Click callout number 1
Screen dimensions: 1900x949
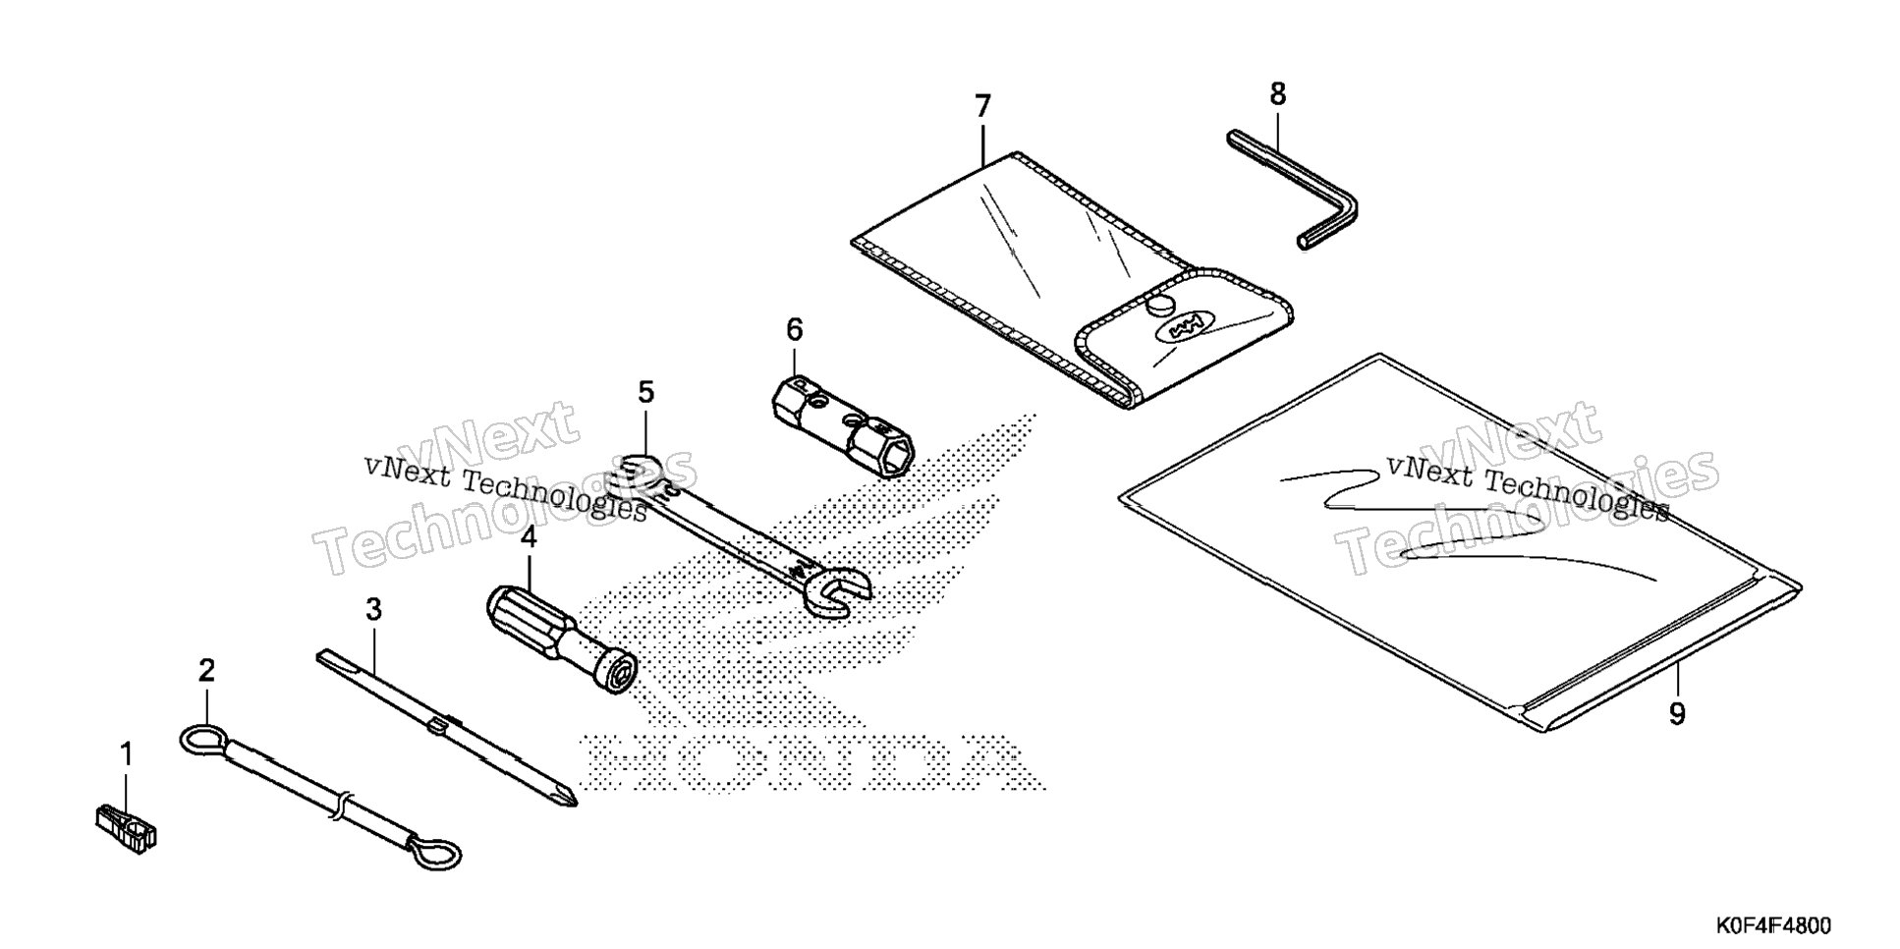click(x=126, y=754)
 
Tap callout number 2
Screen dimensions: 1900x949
click(x=206, y=671)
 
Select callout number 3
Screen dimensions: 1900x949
click(x=373, y=610)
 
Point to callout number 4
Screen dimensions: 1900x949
click(x=529, y=537)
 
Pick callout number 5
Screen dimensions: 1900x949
click(x=645, y=392)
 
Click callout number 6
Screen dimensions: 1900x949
click(x=794, y=329)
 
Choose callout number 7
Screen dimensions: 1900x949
click(x=983, y=106)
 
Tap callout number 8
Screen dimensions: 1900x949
click(x=1277, y=94)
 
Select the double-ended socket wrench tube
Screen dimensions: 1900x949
click(x=841, y=424)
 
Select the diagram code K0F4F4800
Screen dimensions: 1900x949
click(x=1773, y=926)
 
